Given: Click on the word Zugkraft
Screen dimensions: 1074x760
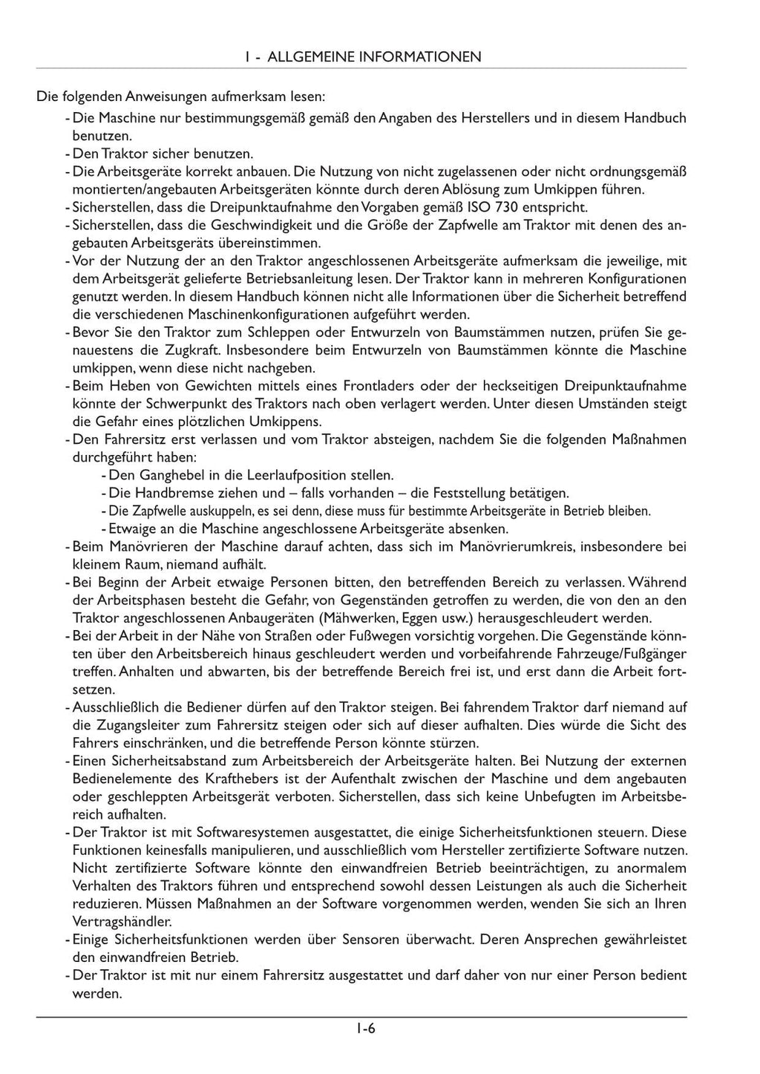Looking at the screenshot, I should coord(195,350).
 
